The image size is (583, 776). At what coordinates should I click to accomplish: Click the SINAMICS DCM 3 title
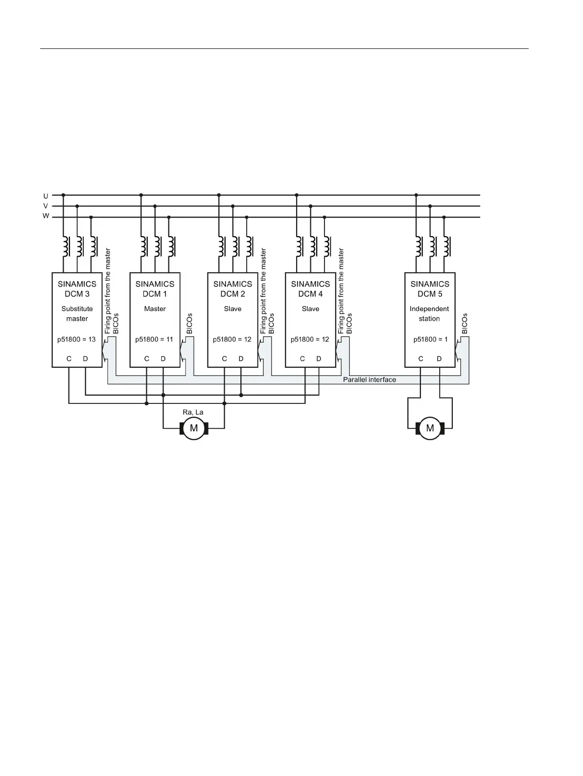(x=77, y=288)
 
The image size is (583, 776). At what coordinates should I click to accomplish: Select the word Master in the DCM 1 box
(x=155, y=309)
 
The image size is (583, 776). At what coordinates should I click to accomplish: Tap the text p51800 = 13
(x=77, y=339)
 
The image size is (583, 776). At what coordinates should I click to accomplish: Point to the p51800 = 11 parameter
(x=154, y=339)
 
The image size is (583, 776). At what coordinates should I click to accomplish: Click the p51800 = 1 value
(x=430, y=339)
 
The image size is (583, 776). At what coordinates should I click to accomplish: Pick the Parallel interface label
(x=369, y=379)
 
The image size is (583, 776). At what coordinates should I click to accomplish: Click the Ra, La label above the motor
(x=193, y=412)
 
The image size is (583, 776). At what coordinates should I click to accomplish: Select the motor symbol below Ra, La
(x=194, y=428)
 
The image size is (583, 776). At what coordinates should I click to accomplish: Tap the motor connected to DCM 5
(x=430, y=428)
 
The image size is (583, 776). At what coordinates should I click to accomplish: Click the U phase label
(x=46, y=196)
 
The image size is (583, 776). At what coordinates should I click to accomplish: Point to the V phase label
(x=46, y=206)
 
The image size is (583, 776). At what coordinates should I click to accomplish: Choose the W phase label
(x=46, y=216)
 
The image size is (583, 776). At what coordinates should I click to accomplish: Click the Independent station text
(x=429, y=313)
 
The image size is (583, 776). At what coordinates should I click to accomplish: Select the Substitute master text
(x=77, y=313)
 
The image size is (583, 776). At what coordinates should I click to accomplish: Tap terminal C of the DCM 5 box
(x=421, y=359)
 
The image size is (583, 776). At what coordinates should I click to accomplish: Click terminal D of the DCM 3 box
(x=85, y=359)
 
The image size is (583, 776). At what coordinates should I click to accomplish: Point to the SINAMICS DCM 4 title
(x=310, y=288)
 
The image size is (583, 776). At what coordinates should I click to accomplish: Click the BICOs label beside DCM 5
(x=465, y=324)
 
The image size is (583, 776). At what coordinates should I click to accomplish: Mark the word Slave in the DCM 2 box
(x=233, y=309)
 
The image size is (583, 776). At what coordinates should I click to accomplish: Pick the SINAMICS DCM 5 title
(x=430, y=288)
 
